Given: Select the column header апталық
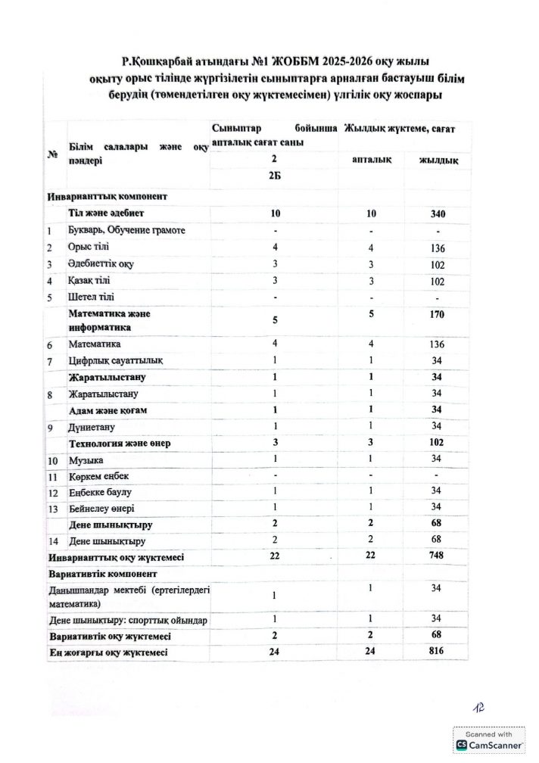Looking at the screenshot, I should point(371,160).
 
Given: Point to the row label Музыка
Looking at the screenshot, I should point(86,460).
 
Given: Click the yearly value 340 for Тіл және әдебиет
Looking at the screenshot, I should point(437,213).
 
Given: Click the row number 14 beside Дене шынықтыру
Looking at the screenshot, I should point(54,541).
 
